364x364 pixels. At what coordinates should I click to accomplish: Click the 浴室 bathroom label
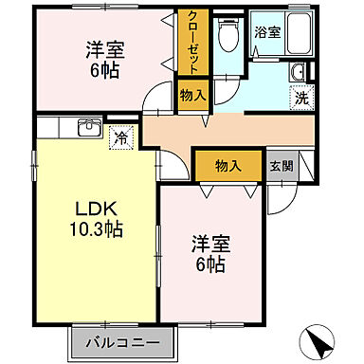[267, 31]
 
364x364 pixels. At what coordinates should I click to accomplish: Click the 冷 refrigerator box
[121, 136]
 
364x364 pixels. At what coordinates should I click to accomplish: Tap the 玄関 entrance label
[281, 165]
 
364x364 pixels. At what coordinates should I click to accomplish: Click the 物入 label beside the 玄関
[227, 165]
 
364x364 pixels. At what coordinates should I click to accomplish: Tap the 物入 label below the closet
[191, 94]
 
